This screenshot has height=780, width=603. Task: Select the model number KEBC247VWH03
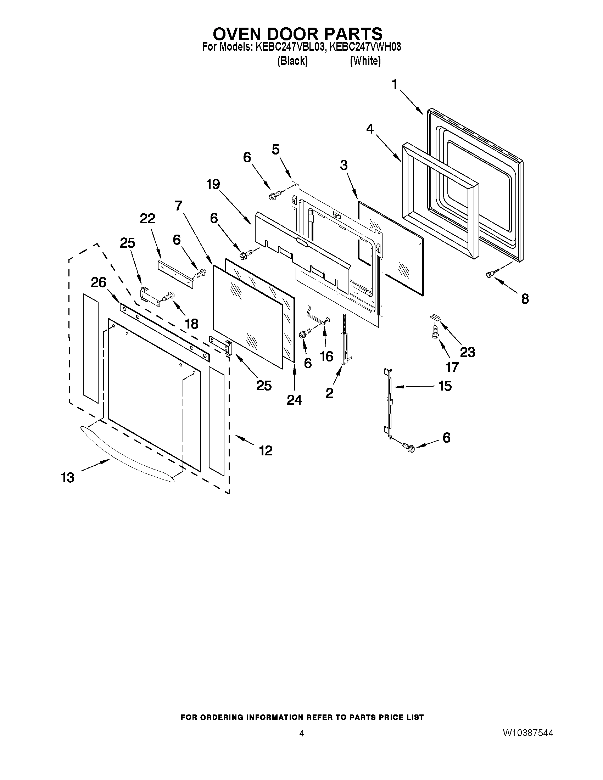click(365, 47)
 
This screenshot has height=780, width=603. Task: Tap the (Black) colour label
click(292, 61)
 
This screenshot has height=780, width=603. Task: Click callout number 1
click(395, 85)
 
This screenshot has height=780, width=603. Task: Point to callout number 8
click(525, 299)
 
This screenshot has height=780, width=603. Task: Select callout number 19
click(213, 185)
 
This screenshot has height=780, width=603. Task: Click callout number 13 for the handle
click(67, 477)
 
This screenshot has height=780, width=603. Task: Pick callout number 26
click(99, 282)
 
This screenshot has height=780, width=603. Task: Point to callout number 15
click(445, 386)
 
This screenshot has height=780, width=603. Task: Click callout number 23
click(467, 353)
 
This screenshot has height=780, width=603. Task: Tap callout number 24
click(294, 400)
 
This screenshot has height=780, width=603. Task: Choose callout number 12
click(266, 450)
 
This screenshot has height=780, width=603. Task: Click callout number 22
click(147, 218)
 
